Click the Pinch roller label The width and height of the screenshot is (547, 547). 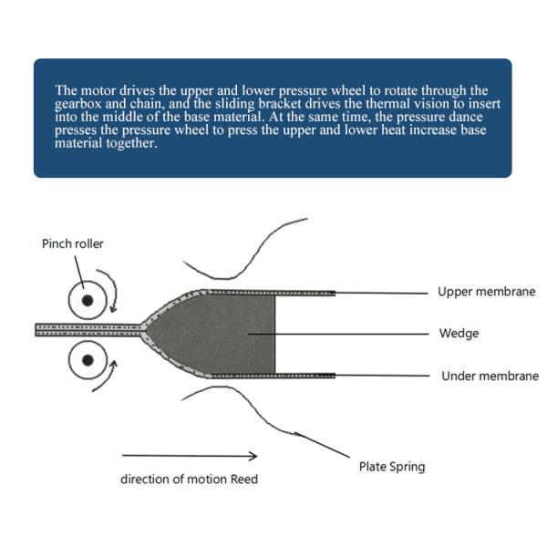[x=73, y=243]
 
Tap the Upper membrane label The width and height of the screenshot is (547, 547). [x=486, y=292]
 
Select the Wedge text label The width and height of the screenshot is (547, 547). [x=459, y=333]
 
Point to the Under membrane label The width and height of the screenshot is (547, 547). [x=490, y=376]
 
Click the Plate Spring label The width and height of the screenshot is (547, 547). [x=392, y=467]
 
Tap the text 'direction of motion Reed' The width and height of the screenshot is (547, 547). [x=189, y=479]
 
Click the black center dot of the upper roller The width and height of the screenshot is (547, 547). [x=88, y=300]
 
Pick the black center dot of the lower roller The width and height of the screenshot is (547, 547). [x=88, y=360]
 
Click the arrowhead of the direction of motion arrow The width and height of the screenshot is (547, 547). [x=253, y=456]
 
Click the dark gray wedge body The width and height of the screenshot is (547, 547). [x=216, y=335]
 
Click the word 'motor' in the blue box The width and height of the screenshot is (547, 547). [x=98, y=90]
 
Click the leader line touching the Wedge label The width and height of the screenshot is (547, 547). [x=338, y=334]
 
